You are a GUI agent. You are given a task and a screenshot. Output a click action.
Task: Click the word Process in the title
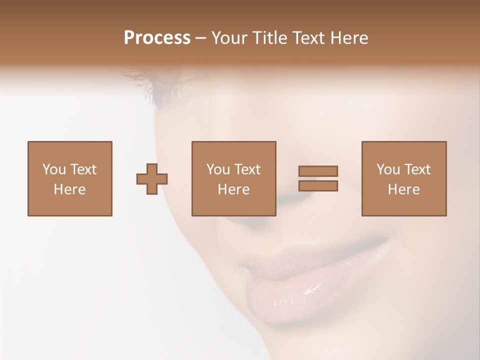click(157, 38)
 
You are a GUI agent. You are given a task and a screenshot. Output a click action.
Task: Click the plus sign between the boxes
click(152, 179)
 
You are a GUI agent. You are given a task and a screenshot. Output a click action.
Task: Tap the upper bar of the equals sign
click(318, 171)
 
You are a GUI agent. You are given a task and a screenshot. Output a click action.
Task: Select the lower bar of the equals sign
click(318, 185)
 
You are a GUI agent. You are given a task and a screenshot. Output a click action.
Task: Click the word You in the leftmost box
click(53, 169)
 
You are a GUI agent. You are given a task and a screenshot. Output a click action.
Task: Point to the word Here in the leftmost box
click(69, 189)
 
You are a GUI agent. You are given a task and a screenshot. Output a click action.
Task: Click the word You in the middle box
click(217, 169)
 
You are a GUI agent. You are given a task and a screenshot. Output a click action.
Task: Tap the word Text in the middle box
click(246, 169)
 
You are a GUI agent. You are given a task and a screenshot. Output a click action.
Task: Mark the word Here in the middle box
click(233, 189)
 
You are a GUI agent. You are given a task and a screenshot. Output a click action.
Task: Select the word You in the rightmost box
click(387, 169)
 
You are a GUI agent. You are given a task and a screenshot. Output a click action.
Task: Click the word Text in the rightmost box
click(416, 169)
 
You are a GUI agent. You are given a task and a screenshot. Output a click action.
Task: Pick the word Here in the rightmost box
click(403, 189)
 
